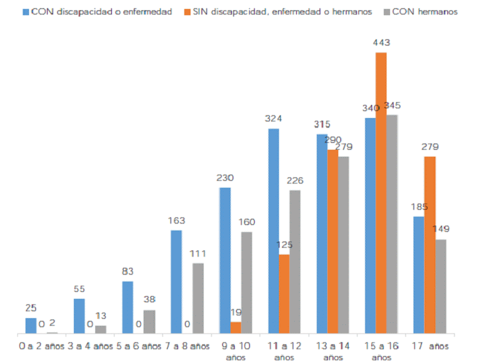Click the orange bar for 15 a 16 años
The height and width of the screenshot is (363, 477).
(x=381, y=193)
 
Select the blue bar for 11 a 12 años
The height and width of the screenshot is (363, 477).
(x=274, y=231)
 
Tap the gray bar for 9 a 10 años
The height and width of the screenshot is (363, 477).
(x=246, y=283)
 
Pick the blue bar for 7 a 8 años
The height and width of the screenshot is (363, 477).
(x=177, y=282)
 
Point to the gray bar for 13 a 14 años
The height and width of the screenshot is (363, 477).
(x=344, y=245)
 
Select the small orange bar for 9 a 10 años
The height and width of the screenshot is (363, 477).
(x=236, y=328)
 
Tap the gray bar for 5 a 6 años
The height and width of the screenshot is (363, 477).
(x=149, y=322)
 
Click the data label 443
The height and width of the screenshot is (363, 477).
(x=382, y=43)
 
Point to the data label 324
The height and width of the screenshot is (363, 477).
(x=273, y=119)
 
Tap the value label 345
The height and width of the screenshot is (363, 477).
(x=392, y=106)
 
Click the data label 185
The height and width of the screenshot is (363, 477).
(x=419, y=206)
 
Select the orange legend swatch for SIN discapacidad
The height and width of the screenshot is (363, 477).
(x=186, y=12)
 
